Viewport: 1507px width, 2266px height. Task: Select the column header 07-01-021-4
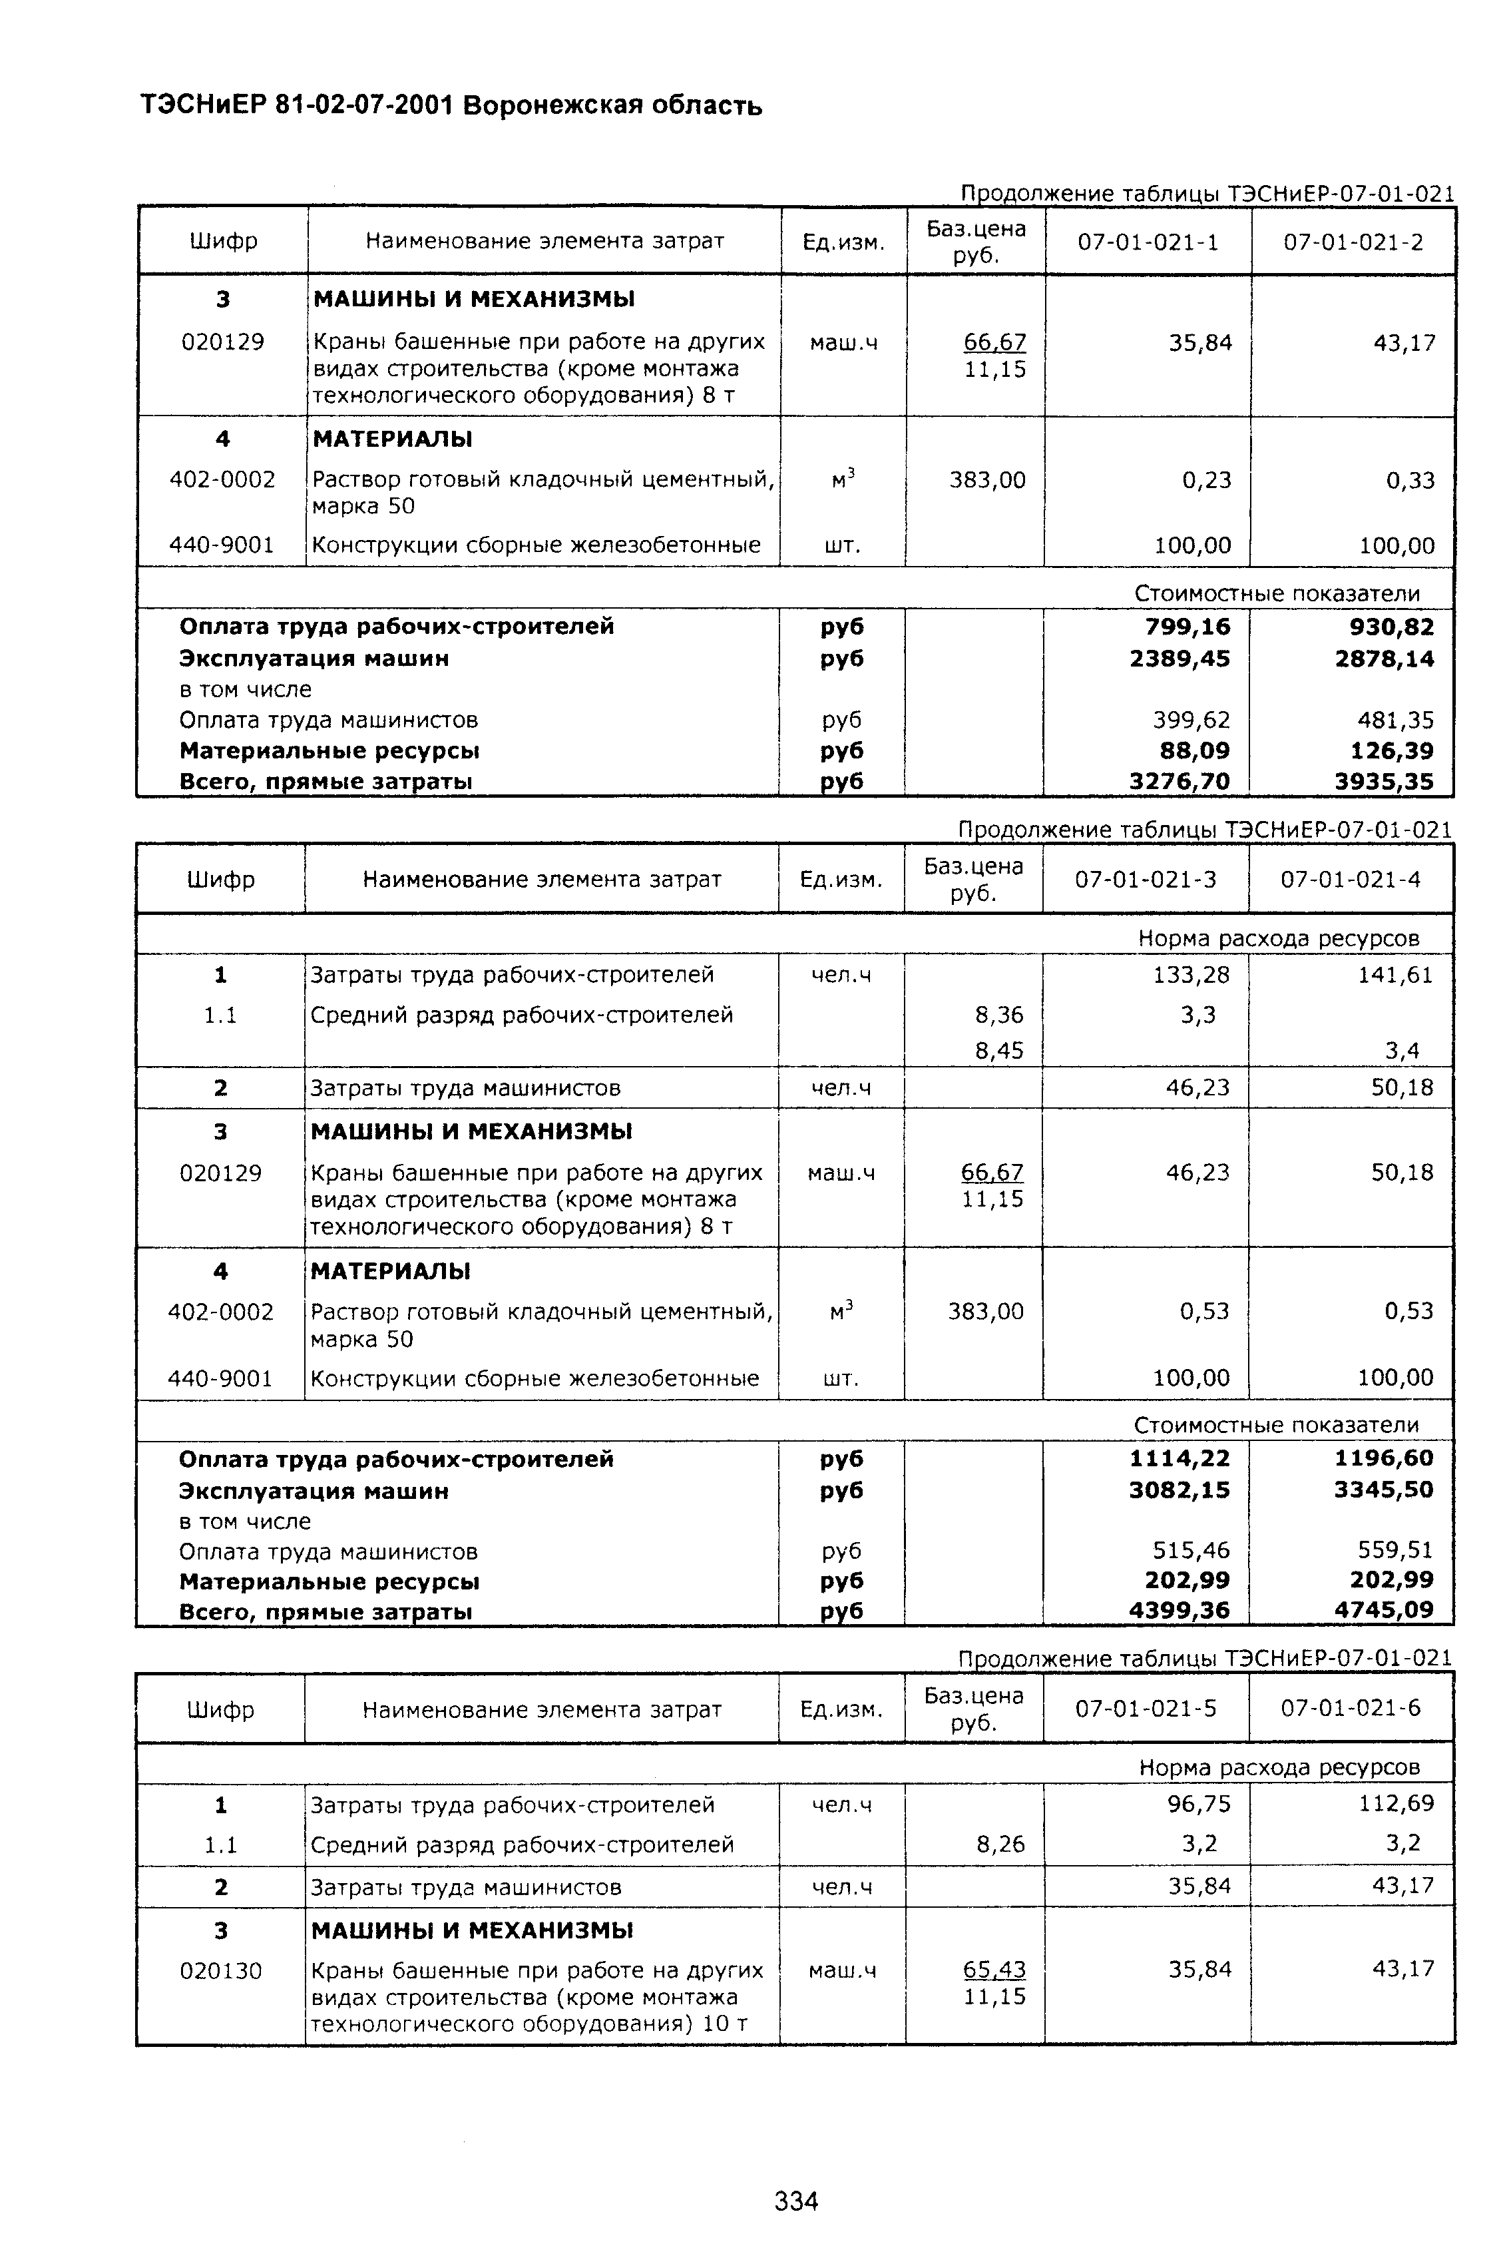click(1351, 879)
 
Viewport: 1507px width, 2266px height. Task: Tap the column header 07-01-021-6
click(1351, 1707)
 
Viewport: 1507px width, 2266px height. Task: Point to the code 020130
click(221, 1971)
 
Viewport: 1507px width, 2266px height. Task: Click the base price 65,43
click(994, 1970)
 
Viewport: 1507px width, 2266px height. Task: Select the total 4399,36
click(1180, 1609)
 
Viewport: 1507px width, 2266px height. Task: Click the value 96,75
click(1199, 1804)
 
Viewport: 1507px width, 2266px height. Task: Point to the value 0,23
click(1206, 479)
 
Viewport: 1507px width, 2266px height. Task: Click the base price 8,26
click(1000, 1844)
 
